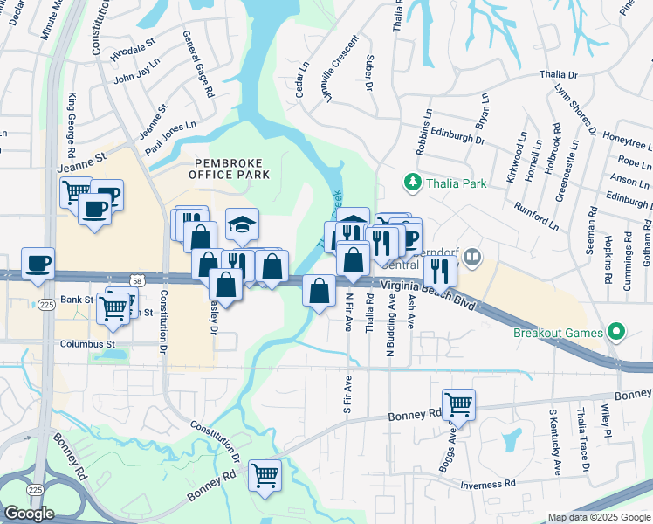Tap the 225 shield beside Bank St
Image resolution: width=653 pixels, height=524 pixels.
45,304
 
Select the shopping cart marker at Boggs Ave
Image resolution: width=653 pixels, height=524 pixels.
458,405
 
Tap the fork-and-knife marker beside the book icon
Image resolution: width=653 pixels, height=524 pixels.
441,271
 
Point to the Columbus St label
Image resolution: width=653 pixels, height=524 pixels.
87,344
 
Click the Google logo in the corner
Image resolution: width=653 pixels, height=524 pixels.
29,514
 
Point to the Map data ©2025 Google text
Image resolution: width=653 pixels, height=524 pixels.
599,517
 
